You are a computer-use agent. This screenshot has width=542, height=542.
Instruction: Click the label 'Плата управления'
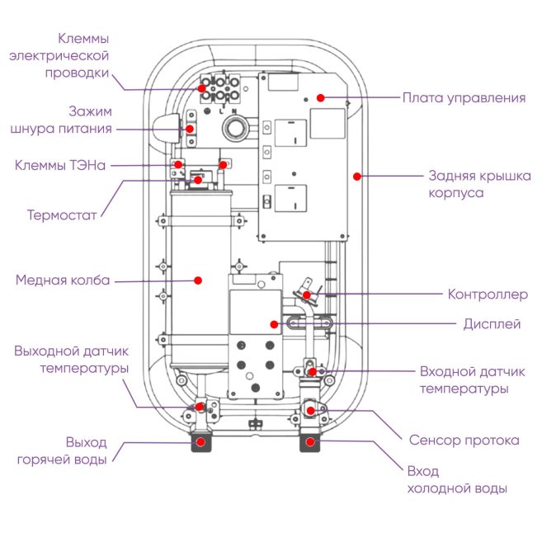(463, 98)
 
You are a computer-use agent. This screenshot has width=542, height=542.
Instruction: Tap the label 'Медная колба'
(63, 280)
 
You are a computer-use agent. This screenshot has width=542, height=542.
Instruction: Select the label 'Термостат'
(62, 215)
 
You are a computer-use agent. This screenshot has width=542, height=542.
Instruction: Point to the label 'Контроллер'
(487, 295)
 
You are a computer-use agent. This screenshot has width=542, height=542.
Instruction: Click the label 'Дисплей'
(493, 324)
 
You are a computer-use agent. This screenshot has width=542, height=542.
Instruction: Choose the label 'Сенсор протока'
(464, 440)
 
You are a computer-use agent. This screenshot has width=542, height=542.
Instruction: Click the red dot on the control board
(319, 97)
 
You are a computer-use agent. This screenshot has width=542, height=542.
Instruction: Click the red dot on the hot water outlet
(200, 442)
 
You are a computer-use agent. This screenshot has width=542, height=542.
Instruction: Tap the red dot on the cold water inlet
(310, 442)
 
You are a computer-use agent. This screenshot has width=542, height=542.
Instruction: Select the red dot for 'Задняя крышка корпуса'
(357, 175)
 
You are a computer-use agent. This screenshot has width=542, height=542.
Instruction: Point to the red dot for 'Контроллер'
(306, 294)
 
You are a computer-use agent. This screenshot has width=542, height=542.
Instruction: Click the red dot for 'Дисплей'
(272, 323)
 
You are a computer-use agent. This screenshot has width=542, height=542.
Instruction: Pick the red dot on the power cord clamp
(189, 129)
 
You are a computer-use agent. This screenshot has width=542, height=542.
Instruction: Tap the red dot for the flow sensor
(310, 411)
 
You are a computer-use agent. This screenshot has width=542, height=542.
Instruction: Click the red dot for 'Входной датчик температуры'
(312, 372)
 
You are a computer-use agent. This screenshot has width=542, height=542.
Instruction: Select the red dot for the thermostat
(198, 179)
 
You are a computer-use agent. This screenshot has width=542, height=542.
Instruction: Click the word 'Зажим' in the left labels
(91, 111)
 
